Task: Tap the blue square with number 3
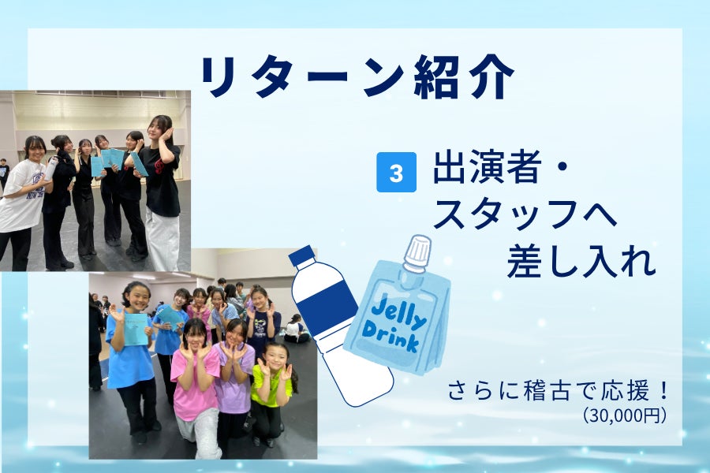396,172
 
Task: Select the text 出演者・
501,166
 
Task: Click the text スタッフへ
525,214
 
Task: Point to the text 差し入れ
581,262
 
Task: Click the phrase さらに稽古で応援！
559,392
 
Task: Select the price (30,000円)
625,415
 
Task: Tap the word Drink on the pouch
390,337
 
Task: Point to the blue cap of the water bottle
301,256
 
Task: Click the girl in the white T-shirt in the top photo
23,199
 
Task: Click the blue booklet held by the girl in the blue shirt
136,330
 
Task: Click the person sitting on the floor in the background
296,329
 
